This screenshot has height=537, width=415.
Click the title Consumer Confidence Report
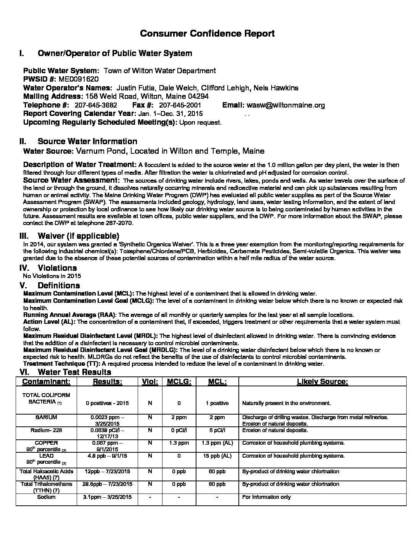[x=207, y=34]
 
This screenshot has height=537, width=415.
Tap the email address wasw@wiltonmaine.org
[x=286, y=105]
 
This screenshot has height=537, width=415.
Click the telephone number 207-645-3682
[x=96, y=105]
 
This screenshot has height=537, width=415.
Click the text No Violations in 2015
[x=52, y=276]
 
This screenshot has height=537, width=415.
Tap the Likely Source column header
[x=322, y=382]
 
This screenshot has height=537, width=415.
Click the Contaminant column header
[x=46, y=382]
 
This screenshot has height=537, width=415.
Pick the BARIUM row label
[x=46, y=418]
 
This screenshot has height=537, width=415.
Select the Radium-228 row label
[x=46, y=430]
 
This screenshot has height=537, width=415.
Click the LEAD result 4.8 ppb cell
[x=107, y=456]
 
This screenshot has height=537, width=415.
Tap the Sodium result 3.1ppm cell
[x=107, y=497]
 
